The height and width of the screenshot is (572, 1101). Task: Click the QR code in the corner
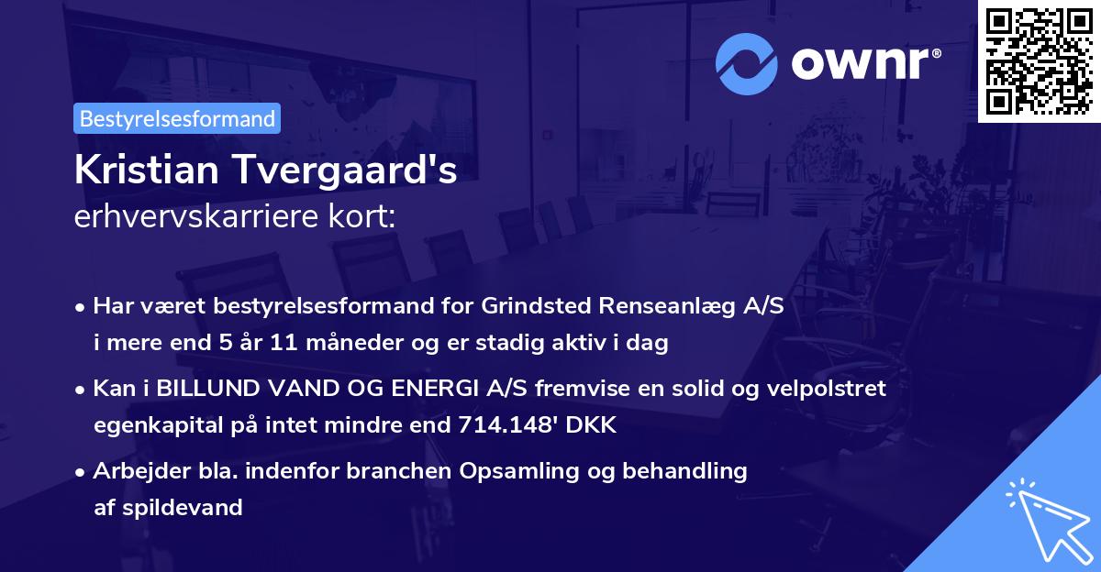coord(1039,60)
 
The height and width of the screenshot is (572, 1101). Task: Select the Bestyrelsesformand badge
coord(177,118)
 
